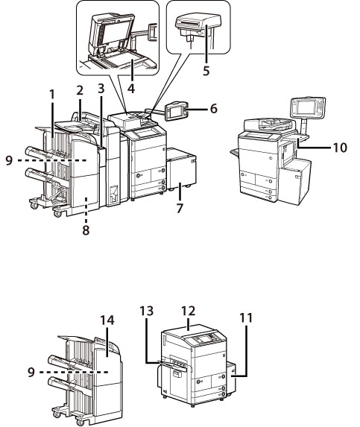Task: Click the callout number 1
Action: click(52, 95)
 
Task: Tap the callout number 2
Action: click(80, 91)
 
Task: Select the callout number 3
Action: click(101, 89)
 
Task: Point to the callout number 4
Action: click(131, 89)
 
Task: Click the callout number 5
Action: click(206, 71)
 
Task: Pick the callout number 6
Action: click(214, 108)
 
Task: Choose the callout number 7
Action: click(179, 209)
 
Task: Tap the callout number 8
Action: click(86, 230)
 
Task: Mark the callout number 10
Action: click(340, 148)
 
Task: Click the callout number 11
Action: click(246, 317)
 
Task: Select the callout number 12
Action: click(189, 311)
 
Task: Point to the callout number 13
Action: click(147, 311)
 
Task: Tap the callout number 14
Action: click(107, 320)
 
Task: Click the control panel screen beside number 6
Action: click(177, 110)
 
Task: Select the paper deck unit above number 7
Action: click(181, 169)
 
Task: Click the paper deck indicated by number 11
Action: click(230, 378)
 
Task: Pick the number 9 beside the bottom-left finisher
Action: click(31, 372)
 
